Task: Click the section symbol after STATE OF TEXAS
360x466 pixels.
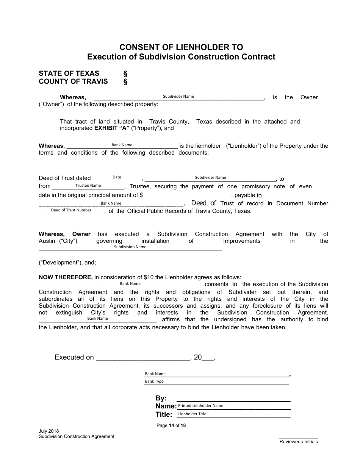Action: tap(125, 73)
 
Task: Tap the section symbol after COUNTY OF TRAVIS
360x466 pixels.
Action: tap(125, 81)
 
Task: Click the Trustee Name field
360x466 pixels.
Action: tap(88, 186)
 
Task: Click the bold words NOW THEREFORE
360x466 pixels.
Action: tap(66, 277)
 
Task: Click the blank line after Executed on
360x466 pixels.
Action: tap(142, 358)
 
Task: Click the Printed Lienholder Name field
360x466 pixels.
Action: tap(234, 406)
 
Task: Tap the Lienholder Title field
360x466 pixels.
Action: tap(234, 414)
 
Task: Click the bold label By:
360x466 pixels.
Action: tap(161, 398)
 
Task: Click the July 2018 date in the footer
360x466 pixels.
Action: tap(49, 431)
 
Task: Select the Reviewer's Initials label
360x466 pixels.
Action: tap(299, 442)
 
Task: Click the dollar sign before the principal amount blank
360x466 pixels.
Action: tap(141, 195)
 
